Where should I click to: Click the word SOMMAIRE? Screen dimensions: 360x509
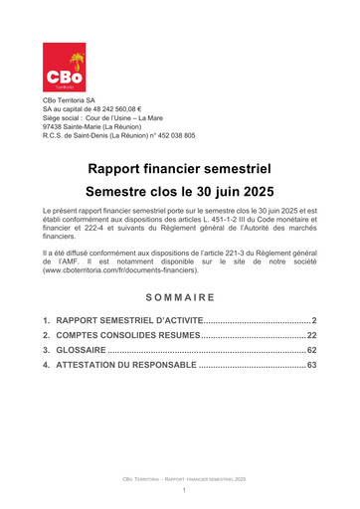point(180,268)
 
